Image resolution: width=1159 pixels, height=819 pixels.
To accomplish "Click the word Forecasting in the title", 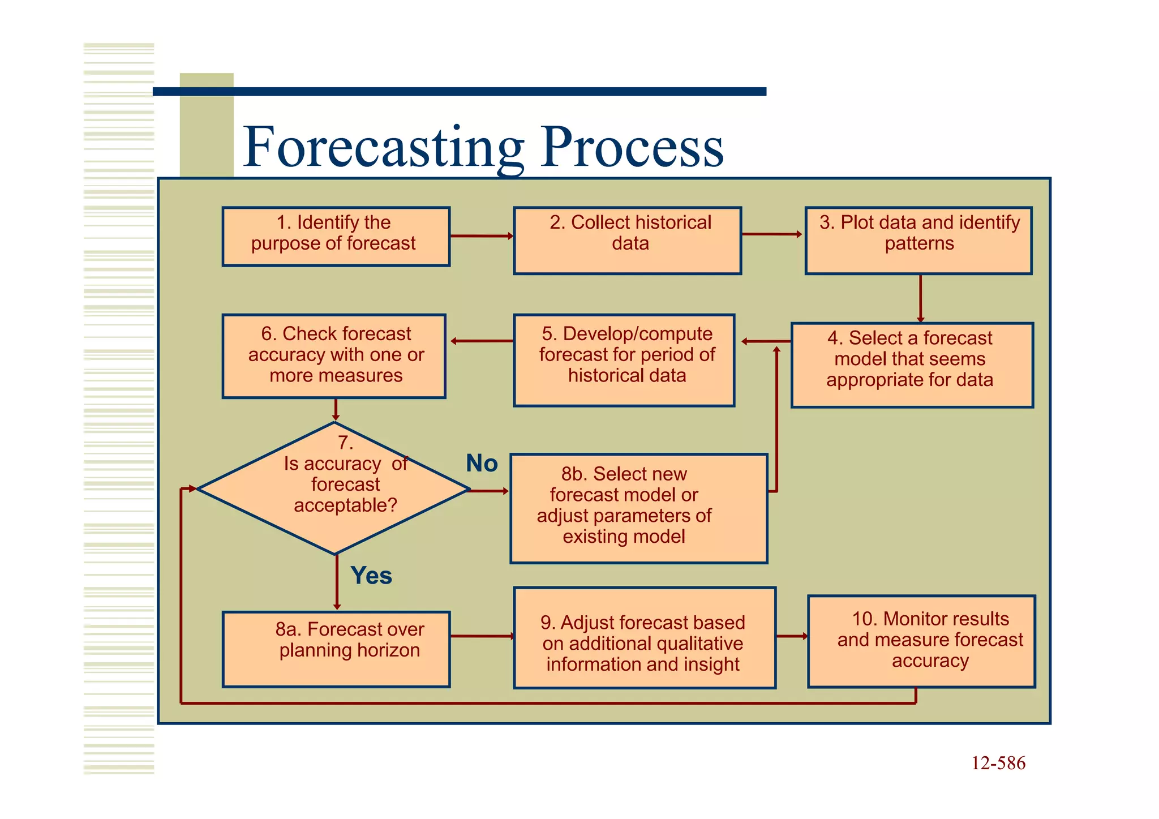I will point(383,148).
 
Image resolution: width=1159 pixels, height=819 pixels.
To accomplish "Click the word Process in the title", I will point(632,148).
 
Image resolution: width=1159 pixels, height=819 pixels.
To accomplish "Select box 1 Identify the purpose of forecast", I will point(336,237).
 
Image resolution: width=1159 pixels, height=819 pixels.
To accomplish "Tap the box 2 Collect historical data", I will point(627,241).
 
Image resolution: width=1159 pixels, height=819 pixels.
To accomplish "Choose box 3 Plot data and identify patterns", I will point(918,241).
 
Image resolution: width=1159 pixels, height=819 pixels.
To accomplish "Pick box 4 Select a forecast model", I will point(912,365).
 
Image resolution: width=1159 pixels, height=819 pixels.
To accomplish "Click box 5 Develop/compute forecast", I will point(624,361).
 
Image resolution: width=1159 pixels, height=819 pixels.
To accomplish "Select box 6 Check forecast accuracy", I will point(334,357).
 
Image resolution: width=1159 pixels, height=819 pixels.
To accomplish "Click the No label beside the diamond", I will point(482,464).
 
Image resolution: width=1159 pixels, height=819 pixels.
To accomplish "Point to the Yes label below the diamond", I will point(371,576).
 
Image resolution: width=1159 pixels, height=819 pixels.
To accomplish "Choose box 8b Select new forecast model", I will point(638,508).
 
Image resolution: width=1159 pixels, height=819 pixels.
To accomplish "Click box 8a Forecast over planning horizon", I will point(336,649).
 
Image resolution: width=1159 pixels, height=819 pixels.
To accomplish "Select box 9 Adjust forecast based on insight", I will point(644,638).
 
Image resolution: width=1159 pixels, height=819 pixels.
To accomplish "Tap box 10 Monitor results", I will point(921,641).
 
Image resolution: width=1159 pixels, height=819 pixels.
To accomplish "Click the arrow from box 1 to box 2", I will point(481,236).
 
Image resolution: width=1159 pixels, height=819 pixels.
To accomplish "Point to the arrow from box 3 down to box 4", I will point(920,298).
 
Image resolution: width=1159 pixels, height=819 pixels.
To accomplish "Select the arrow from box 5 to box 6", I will point(482,341).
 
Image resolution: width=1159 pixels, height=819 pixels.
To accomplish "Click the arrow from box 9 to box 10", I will point(792,636).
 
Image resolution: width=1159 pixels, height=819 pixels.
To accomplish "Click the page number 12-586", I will point(998,764).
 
